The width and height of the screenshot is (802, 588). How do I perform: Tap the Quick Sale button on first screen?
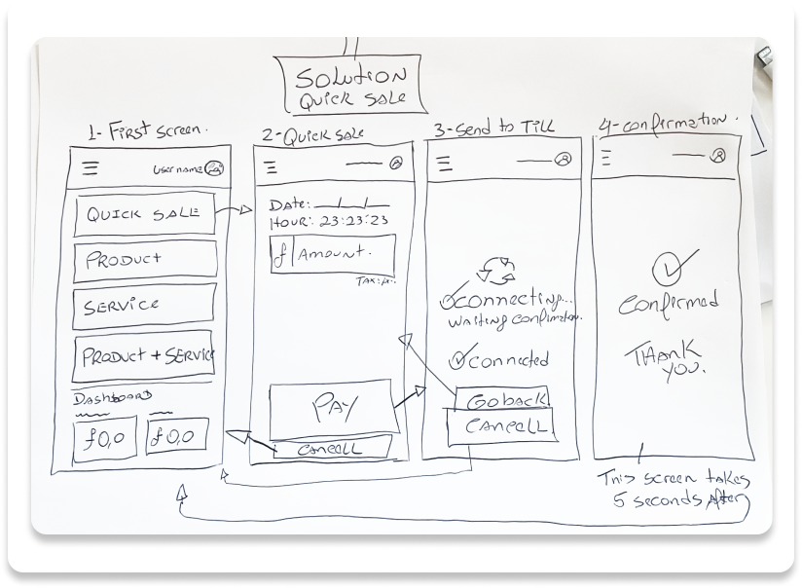tap(144, 215)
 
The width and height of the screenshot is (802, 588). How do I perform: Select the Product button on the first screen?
tap(144, 260)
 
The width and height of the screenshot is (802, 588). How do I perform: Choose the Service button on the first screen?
tap(144, 305)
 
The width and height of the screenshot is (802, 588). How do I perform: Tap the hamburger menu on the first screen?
tap(91, 168)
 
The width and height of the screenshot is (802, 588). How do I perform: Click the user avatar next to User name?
tap(215, 168)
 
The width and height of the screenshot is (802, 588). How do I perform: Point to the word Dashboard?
tap(113, 397)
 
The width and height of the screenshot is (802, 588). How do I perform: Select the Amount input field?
tap(333, 254)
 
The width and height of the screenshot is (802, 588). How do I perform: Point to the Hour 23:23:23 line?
tap(329, 222)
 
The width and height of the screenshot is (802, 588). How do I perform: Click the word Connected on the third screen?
tap(508, 360)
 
